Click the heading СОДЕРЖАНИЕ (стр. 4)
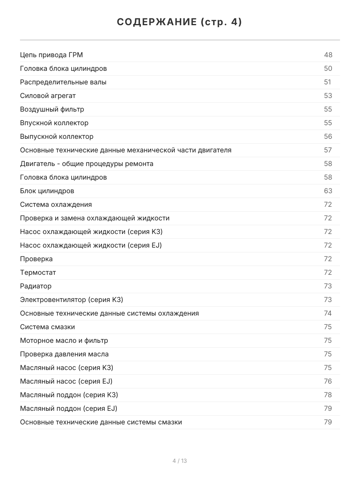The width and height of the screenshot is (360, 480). (x=180, y=22)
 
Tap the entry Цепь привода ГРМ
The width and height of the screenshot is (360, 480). (x=52, y=55)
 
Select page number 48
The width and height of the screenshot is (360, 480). (x=328, y=55)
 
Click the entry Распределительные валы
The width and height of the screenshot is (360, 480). (x=63, y=82)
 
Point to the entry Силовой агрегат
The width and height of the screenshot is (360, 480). (x=48, y=96)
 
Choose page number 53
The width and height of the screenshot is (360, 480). (x=328, y=96)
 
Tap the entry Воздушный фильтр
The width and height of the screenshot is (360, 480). (x=52, y=109)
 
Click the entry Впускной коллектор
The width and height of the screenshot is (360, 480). (x=54, y=123)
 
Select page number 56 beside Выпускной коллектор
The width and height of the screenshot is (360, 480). (x=328, y=136)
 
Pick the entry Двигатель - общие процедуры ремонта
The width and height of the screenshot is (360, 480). (x=87, y=164)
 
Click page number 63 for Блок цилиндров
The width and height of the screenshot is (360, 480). (x=328, y=191)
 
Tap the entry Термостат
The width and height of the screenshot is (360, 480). (x=38, y=272)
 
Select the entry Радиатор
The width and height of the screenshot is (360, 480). (x=36, y=286)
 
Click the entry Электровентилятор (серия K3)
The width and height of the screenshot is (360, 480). (x=74, y=300)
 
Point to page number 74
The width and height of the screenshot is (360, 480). (x=328, y=313)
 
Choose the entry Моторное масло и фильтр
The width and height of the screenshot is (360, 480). (x=64, y=340)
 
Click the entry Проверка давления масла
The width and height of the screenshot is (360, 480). (x=64, y=354)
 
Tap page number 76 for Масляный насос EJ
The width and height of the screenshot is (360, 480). (x=328, y=381)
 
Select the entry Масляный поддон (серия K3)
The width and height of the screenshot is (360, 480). (x=69, y=395)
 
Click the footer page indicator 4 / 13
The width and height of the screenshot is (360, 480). (x=180, y=461)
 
